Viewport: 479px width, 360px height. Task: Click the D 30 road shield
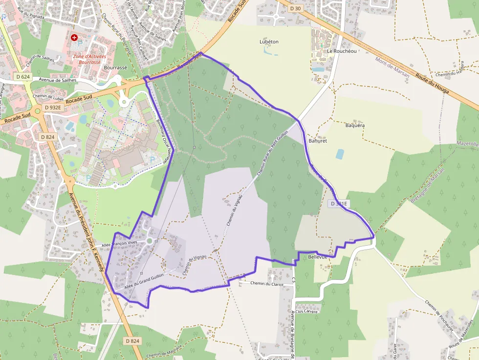(x=295, y=8)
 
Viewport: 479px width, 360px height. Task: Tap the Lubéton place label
(x=269, y=42)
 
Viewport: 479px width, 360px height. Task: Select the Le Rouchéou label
(x=342, y=51)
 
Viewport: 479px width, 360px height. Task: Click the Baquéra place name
(x=355, y=126)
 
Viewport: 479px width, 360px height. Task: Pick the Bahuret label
(x=317, y=140)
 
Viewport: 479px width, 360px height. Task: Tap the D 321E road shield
(x=338, y=204)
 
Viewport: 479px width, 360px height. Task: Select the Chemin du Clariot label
(x=267, y=283)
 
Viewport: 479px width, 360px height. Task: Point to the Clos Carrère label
(x=306, y=311)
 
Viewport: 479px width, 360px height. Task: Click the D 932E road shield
(x=52, y=107)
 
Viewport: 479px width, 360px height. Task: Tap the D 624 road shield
(x=22, y=77)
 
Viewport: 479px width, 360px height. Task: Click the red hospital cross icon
(x=74, y=37)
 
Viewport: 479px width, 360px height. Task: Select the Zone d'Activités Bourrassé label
(x=93, y=59)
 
